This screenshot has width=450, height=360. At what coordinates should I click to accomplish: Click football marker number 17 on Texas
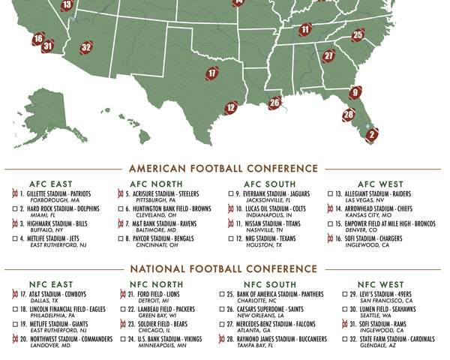click(212, 73)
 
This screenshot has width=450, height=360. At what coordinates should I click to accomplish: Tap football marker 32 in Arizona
click(86, 47)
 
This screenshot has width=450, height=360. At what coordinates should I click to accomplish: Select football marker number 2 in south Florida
click(371, 135)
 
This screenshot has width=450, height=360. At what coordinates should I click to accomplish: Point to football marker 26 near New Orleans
click(275, 103)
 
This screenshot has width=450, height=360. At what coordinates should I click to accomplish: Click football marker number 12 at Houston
click(231, 109)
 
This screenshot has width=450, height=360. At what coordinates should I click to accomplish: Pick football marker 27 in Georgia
click(328, 55)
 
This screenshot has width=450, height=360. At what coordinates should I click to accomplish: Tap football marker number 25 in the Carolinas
click(358, 34)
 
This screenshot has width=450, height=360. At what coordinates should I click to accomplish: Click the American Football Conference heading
click(223, 169)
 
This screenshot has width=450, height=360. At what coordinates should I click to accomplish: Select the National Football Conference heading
click(223, 269)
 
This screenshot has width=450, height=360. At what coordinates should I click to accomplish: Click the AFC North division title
click(156, 184)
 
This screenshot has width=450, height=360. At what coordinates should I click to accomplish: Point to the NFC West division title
click(381, 284)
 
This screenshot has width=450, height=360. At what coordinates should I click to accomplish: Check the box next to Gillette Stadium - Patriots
click(14, 193)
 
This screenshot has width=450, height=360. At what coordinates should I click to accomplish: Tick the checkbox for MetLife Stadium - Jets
click(14, 238)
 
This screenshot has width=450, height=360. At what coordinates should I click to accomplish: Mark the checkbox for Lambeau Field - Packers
click(122, 309)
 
